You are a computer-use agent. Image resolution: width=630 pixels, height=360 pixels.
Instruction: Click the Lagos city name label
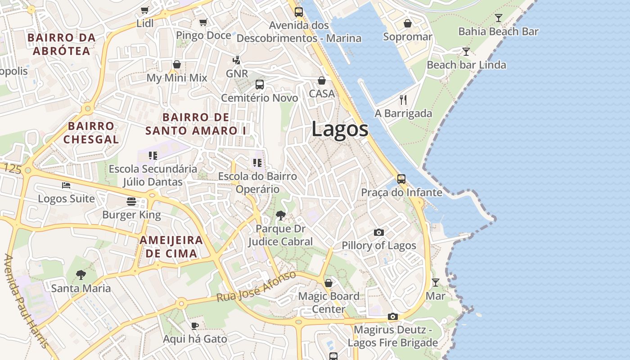pyautogui.click(x=340, y=130)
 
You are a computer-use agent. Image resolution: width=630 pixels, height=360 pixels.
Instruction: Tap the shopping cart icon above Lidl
pyautogui.click(x=144, y=10)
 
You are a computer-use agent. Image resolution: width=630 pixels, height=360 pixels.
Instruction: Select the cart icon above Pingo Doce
pyautogui.click(x=203, y=22)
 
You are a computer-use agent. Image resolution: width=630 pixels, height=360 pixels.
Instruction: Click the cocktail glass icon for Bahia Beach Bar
pyautogui.click(x=498, y=18)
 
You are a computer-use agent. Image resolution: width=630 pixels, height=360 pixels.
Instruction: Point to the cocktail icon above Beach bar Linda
pyautogui.click(x=466, y=52)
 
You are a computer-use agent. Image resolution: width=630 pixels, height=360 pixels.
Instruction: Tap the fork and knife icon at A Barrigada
pyautogui.click(x=403, y=100)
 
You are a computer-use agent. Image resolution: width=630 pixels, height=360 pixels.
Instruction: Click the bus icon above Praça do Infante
pyautogui.click(x=401, y=179)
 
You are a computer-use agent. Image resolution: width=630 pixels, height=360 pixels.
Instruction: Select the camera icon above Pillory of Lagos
pyautogui.click(x=379, y=233)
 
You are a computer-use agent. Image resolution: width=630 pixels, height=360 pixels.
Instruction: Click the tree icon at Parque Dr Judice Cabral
pyautogui.click(x=281, y=216)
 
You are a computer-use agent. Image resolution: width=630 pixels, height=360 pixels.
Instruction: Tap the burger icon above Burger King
pyautogui.click(x=131, y=201)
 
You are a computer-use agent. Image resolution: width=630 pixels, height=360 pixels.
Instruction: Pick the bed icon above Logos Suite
pyautogui.click(x=66, y=185)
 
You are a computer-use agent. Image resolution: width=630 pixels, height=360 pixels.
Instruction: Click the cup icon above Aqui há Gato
pyautogui.click(x=194, y=326)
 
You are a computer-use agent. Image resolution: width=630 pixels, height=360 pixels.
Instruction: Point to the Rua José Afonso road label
pyautogui.click(x=256, y=286)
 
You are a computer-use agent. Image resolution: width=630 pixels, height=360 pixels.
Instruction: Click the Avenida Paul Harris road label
pyautogui.click(x=26, y=301)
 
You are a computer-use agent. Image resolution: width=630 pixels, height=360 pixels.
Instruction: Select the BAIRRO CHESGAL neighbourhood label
pyautogui.click(x=91, y=132)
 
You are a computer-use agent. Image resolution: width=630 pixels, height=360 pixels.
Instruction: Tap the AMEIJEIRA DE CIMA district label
pyautogui.click(x=171, y=247)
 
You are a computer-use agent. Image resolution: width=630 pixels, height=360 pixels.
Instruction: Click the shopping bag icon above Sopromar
pyautogui.click(x=407, y=23)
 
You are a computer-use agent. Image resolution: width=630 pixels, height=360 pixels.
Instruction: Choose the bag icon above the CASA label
pyautogui.click(x=322, y=81)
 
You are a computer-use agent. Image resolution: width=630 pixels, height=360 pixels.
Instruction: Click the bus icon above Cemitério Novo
pyautogui.click(x=259, y=84)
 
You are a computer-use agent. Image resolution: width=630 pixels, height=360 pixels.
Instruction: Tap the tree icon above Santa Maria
pyautogui.click(x=81, y=274)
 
